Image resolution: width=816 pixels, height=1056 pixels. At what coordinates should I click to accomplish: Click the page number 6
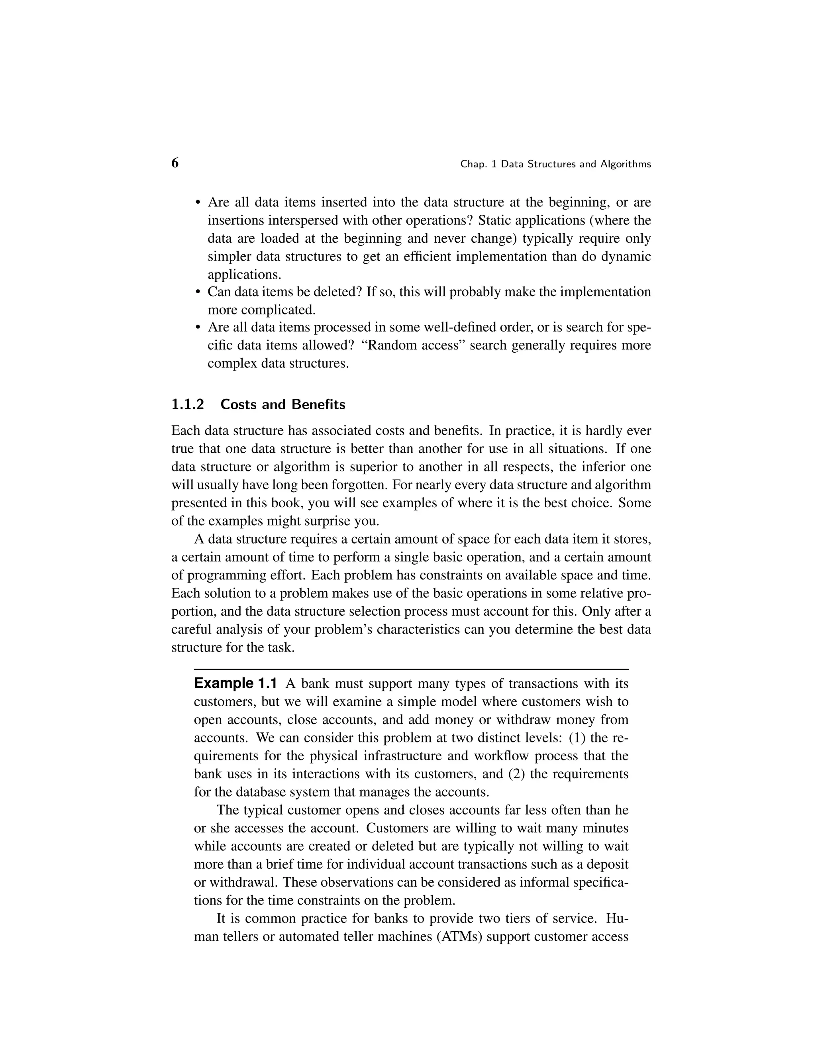[x=175, y=163]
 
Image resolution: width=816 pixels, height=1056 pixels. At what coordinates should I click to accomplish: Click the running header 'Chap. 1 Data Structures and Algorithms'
[x=555, y=165]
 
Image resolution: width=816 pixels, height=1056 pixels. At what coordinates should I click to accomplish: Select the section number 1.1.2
[x=188, y=404]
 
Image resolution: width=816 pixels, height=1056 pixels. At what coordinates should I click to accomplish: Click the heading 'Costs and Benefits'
[x=283, y=404]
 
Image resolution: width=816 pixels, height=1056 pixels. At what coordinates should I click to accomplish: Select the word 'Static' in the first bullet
[x=494, y=220]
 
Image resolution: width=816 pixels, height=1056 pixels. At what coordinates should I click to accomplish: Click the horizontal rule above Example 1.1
[x=411, y=669]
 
